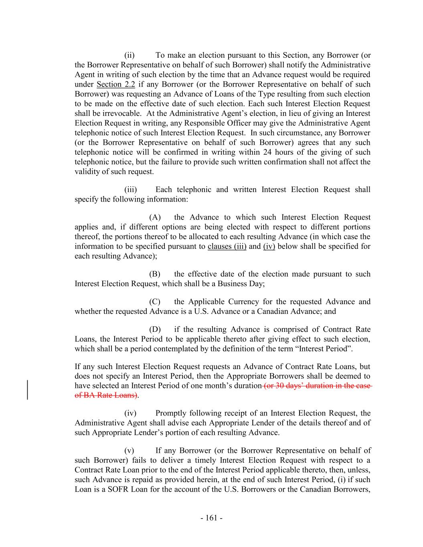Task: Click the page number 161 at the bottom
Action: click(211, 518)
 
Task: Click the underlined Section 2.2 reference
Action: click(116, 84)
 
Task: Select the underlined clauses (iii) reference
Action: click(227, 246)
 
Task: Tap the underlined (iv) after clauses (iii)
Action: click(269, 246)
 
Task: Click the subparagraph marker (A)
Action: click(155, 217)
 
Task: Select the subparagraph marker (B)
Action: click(155, 274)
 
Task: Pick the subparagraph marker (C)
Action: click(155, 302)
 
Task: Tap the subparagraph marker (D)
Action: click(155, 329)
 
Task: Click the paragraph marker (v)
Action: click(129, 450)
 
